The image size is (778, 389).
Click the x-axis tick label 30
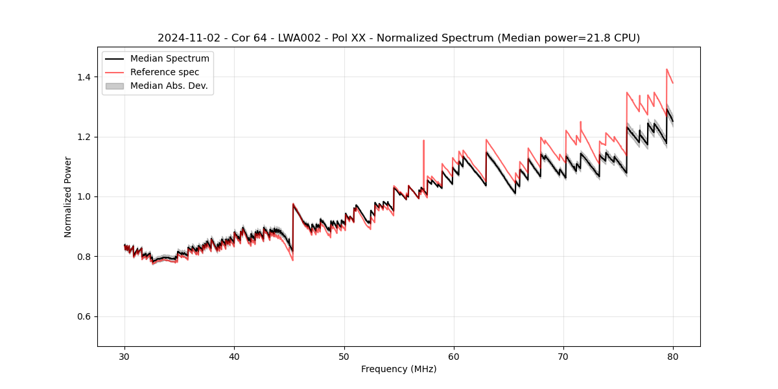point(124,357)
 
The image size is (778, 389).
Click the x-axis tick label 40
point(234,357)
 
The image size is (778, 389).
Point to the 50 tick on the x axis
point(344,357)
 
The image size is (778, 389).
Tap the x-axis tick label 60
point(454,357)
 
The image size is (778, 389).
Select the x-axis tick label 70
point(563,357)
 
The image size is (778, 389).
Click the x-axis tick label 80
point(673,357)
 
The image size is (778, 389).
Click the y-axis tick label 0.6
point(84,316)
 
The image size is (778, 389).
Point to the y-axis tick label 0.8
point(84,257)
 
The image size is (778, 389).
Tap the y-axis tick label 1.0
point(84,196)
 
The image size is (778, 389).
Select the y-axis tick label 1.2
point(84,137)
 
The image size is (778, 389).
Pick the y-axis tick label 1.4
point(84,77)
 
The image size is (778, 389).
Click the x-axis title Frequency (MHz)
point(399,369)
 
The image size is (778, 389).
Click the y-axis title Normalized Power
point(68,196)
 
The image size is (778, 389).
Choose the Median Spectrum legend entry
point(169,59)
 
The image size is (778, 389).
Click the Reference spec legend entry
point(165,72)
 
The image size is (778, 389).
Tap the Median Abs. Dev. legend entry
point(169,86)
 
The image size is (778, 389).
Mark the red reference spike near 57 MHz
point(423,141)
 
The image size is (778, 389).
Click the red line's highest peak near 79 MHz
point(666,69)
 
